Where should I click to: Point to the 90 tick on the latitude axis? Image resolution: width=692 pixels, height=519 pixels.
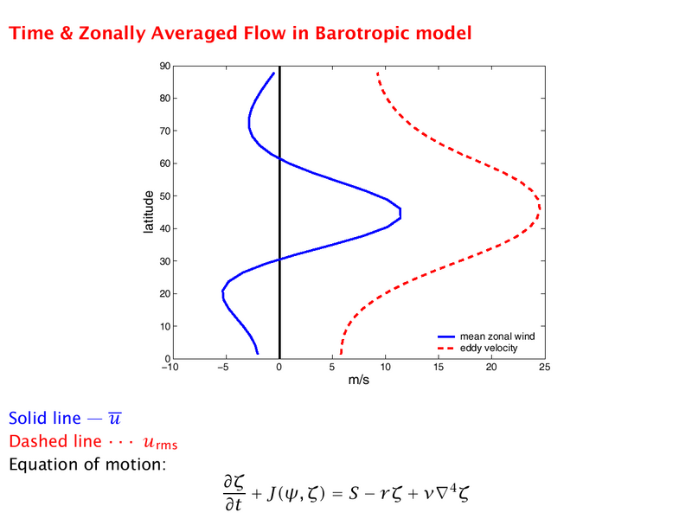click(x=165, y=66)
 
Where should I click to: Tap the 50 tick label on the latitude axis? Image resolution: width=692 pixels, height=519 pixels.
click(x=165, y=196)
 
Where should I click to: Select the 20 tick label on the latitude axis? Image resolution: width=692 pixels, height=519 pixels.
click(x=165, y=294)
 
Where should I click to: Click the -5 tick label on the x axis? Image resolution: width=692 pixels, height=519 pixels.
click(x=223, y=367)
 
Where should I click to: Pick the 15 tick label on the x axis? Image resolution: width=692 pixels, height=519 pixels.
click(x=439, y=367)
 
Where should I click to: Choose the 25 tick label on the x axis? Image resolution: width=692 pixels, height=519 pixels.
click(x=545, y=367)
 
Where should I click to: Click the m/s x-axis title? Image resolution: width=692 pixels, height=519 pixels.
click(x=358, y=380)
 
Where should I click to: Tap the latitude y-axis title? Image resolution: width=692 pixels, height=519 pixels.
click(x=149, y=212)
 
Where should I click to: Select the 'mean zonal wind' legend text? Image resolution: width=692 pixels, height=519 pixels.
click(x=497, y=336)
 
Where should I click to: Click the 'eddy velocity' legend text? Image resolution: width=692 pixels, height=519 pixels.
click(x=489, y=349)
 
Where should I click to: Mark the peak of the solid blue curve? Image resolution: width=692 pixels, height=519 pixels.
click(x=400, y=213)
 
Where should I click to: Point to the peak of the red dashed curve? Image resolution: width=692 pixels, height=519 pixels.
click(x=539, y=208)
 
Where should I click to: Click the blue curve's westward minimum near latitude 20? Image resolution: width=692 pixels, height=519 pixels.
click(x=222, y=293)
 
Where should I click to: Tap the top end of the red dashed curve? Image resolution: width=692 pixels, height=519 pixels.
click(x=377, y=73)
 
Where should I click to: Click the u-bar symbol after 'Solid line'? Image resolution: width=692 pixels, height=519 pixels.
click(x=115, y=418)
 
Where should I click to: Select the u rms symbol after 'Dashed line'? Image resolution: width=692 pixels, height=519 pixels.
click(x=161, y=442)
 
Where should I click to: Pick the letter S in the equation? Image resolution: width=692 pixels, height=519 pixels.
click(x=354, y=493)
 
